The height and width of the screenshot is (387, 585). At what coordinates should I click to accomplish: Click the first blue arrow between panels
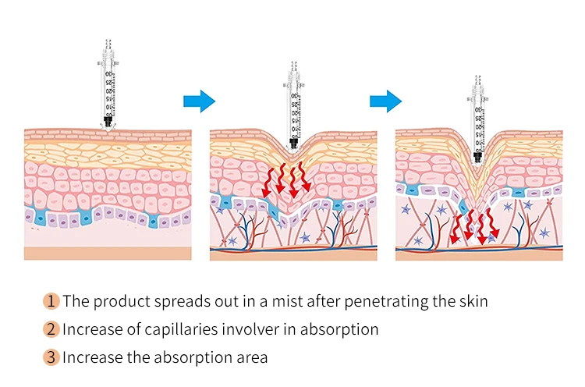coord(198,101)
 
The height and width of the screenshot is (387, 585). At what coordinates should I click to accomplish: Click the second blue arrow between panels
coord(385,101)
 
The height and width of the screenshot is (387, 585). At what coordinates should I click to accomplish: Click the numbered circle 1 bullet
coord(51,300)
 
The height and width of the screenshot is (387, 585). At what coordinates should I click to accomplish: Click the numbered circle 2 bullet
coord(51,329)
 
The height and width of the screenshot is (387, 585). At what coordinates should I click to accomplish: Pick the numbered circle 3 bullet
coord(51,358)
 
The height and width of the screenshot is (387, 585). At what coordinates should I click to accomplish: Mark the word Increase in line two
coord(91,329)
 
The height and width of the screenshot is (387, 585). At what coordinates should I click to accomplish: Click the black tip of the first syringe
coord(108,122)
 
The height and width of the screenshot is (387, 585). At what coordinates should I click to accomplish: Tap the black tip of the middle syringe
coord(294,144)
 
